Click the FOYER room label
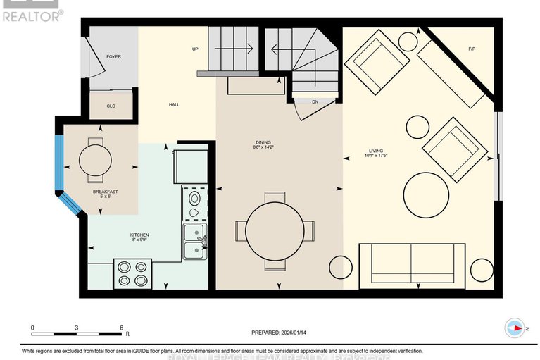pos(114,56)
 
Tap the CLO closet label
pos(111,106)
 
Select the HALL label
pos(174,105)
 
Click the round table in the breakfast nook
pos(95,159)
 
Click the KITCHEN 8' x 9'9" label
pos(139,238)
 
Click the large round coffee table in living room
pos(427,195)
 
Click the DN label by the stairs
pos(315,102)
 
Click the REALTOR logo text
pos(32,14)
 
